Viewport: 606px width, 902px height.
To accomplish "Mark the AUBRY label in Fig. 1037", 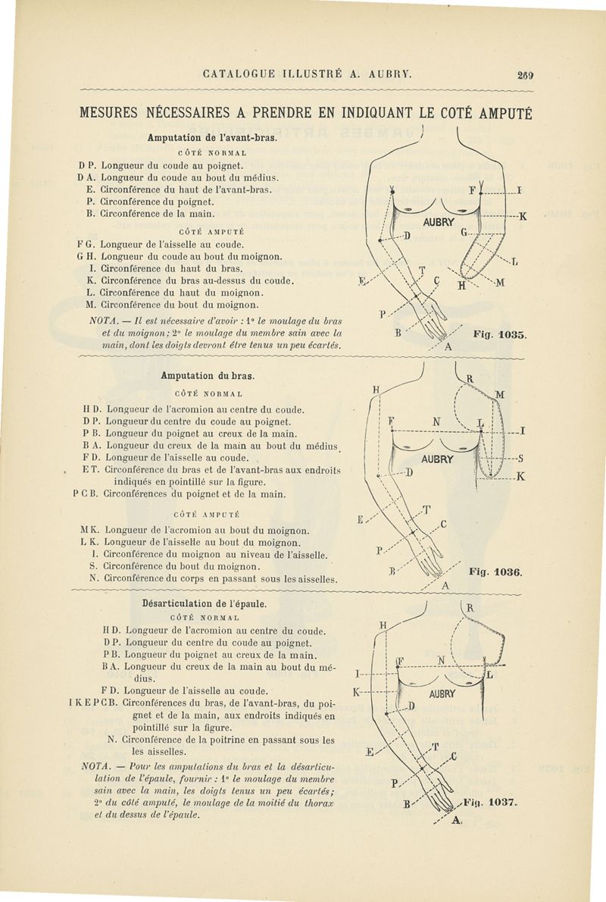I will pos(442,694).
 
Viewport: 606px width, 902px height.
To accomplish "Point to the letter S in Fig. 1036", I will pos(522,459).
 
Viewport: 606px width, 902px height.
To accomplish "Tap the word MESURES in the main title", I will pos(117,114).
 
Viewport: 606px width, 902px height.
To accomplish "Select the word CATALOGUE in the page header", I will pos(241,75).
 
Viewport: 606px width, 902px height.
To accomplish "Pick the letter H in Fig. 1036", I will pos(375,391).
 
